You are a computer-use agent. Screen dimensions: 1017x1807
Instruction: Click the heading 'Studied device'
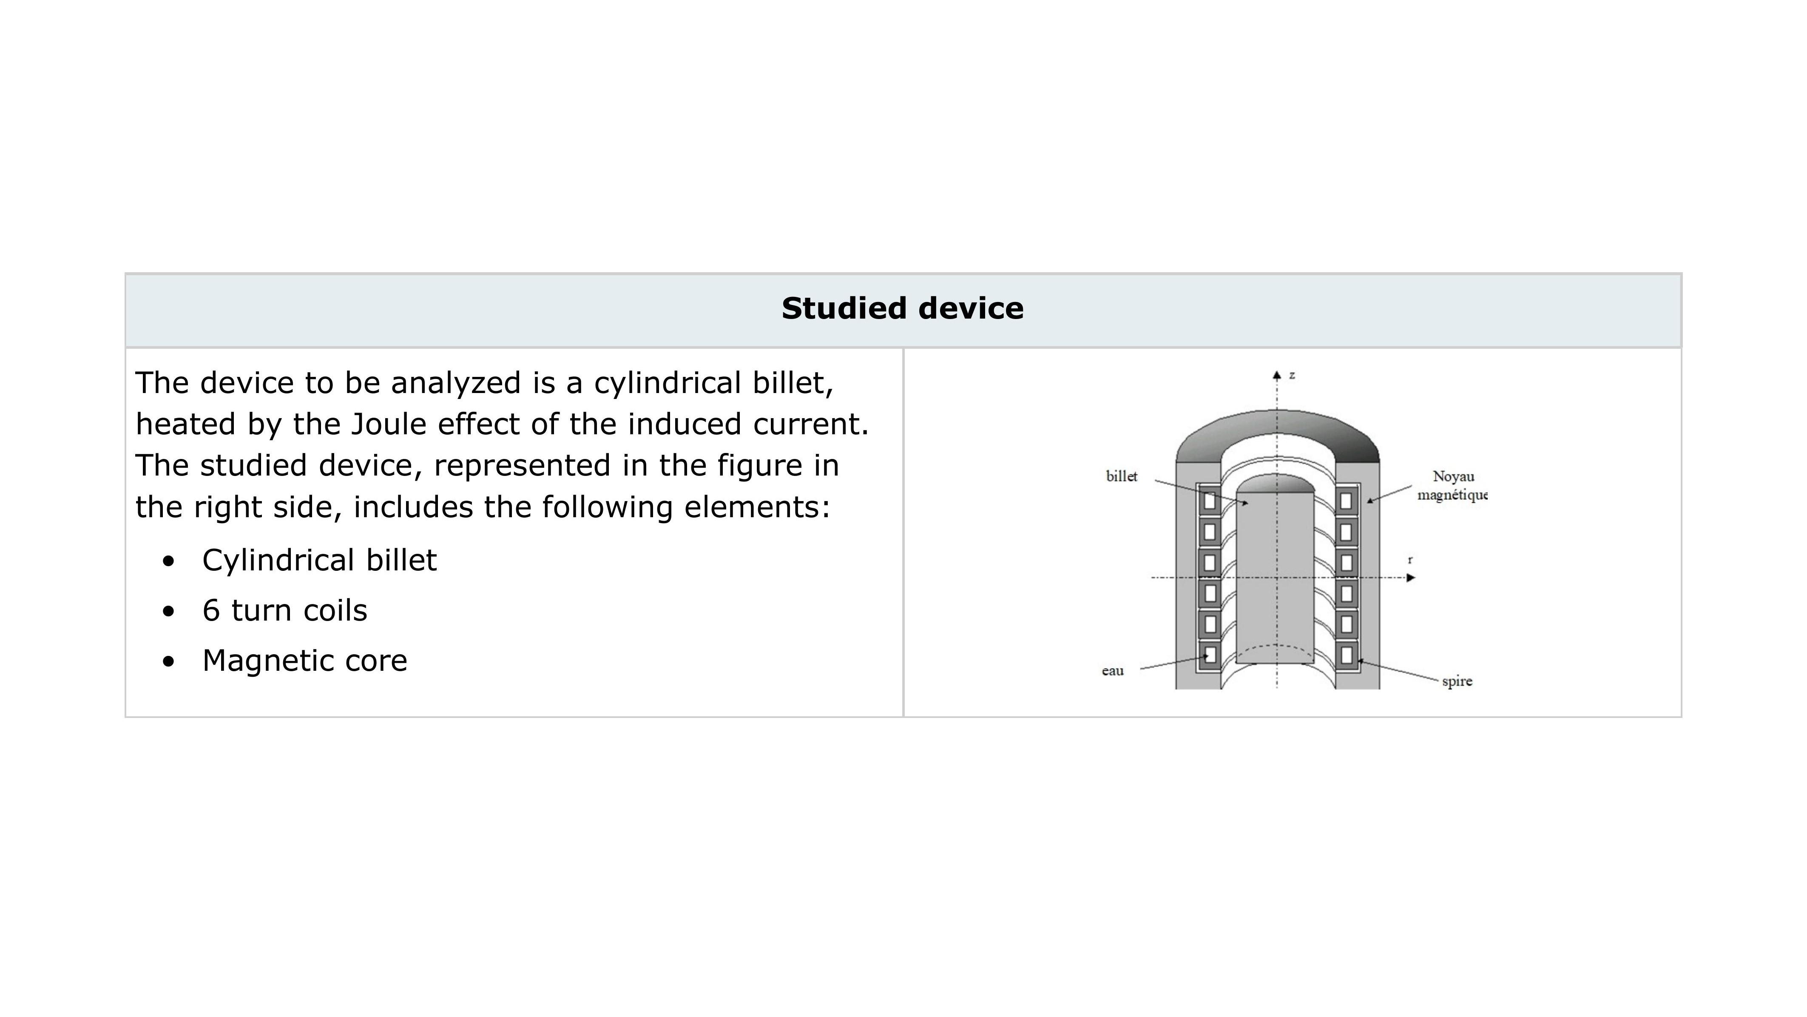click(902, 309)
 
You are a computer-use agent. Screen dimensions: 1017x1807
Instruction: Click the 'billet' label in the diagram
click(1121, 476)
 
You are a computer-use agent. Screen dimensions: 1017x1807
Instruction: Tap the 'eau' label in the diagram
click(1113, 671)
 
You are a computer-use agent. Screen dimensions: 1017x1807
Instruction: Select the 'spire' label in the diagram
click(1457, 681)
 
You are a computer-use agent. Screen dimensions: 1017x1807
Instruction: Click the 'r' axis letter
click(1410, 560)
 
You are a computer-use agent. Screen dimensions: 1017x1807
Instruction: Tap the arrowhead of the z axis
click(1277, 376)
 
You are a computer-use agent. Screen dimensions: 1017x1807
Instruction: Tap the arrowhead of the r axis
click(1411, 578)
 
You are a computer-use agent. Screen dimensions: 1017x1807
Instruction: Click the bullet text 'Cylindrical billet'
click(319, 560)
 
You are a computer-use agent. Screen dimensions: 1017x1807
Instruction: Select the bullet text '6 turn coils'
click(284, 611)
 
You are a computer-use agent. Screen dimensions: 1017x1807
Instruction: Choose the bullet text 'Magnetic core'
click(304, 661)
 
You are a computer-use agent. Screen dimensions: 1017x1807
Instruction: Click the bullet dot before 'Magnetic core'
click(168, 661)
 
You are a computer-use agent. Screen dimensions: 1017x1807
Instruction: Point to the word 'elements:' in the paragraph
click(757, 507)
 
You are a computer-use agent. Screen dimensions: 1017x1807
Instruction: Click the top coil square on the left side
click(1209, 501)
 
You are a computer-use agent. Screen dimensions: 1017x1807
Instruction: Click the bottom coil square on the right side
click(1345, 655)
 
